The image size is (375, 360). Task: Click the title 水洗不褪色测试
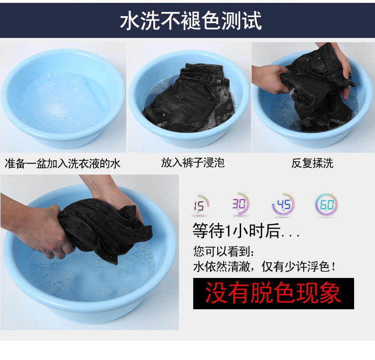191,21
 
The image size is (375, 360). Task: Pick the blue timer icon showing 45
283,204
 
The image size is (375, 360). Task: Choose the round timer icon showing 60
327,205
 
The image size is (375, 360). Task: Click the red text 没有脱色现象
273,293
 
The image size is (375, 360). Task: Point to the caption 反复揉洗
312,164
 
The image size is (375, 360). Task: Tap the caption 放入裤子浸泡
193,163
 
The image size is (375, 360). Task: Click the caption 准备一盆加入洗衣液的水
62,164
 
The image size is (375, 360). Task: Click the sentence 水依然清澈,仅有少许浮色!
264,267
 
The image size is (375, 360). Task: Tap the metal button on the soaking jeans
218,82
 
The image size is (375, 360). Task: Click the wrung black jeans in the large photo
105,230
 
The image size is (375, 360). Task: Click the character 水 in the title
130,21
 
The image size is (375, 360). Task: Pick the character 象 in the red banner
330,293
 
